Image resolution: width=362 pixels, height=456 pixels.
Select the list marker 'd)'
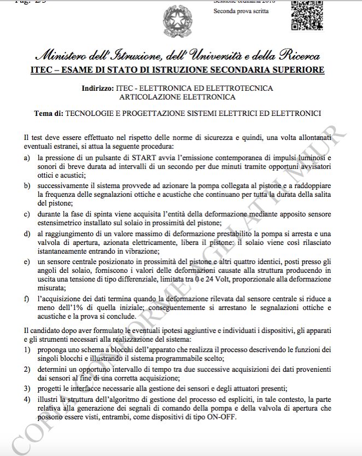[28, 234]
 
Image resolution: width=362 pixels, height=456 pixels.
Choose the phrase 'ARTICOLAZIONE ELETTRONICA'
[177, 97]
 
